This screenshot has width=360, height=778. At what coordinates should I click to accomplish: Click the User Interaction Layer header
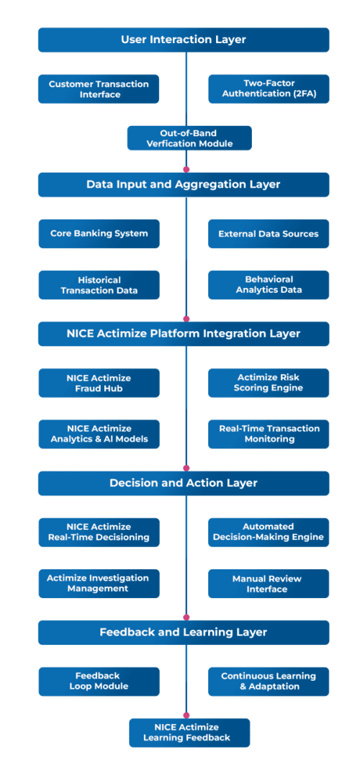tap(184, 40)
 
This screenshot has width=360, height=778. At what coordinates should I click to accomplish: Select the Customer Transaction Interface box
tap(99, 89)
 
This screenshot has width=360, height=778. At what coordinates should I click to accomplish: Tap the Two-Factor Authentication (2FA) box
tap(269, 89)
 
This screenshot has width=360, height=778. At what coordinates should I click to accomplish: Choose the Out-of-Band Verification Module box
tap(189, 138)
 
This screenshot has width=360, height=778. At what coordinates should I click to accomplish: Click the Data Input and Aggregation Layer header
tap(184, 184)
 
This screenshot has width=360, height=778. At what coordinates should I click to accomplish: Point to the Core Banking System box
tap(99, 234)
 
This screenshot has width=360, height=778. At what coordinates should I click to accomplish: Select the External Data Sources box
tap(269, 234)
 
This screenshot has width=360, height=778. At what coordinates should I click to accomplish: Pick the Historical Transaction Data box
tap(99, 285)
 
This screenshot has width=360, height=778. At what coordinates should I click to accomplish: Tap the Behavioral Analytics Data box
tap(269, 285)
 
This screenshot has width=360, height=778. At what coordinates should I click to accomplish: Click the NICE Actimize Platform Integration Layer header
tap(184, 334)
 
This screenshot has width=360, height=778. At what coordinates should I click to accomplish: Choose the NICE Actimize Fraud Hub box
tap(99, 383)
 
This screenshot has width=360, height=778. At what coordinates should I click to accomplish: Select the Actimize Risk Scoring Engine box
tap(269, 383)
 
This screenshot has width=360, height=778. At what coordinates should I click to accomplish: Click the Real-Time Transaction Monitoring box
tap(269, 434)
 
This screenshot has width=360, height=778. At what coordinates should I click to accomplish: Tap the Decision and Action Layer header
tap(184, 483)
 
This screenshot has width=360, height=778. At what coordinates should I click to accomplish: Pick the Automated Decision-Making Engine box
tap(269, 532)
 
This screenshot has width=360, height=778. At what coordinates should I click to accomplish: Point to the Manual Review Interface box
tap(269, 584)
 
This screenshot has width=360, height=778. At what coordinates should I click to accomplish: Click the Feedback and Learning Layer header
tap(184, 633)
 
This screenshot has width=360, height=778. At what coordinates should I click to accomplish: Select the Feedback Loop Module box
tap(99, 682)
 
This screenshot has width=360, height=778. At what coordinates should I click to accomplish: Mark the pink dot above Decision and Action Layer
tap(186, 468)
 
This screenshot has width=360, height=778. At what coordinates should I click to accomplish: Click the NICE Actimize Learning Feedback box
tap(189, 733)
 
